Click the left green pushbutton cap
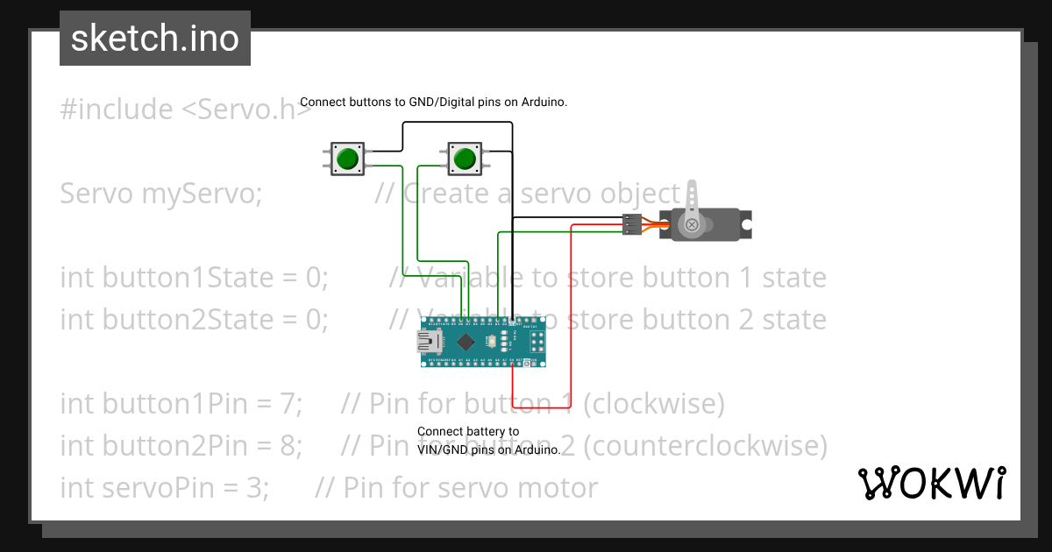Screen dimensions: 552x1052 pos(348,159)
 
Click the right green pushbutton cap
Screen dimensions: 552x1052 pos(464,159)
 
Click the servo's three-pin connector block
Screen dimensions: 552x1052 pos(631,224)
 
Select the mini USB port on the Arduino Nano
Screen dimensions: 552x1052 pos(430,342)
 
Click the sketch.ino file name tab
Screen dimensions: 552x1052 pos(155,39)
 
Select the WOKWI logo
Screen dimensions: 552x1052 pos(931,483)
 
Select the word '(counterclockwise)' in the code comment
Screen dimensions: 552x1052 pos(705,446)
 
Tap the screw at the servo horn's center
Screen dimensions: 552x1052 pos(693,225)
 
